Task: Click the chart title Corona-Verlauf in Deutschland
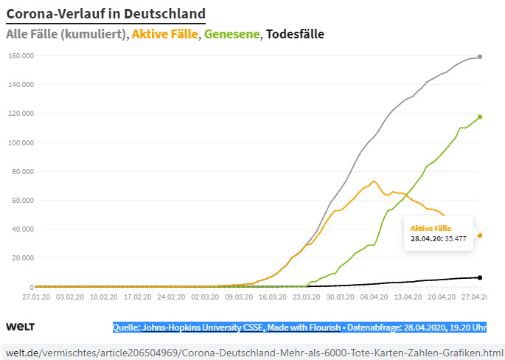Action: [105, 13]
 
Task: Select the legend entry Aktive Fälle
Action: [165, 34]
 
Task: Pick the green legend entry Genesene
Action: [232, 34]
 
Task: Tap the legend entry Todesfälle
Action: [295, 34]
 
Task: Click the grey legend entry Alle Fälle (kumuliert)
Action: [66, 34]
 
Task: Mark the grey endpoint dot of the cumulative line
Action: [480, 57]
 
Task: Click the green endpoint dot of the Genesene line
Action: [480, 117]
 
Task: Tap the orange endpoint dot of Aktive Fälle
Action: [480, 235]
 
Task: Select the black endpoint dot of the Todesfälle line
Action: [480, 277]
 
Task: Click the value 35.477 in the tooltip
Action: [456, 238]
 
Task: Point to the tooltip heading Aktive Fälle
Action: [431, 228]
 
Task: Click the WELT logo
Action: [21, 326]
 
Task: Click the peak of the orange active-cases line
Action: [374, 181]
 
